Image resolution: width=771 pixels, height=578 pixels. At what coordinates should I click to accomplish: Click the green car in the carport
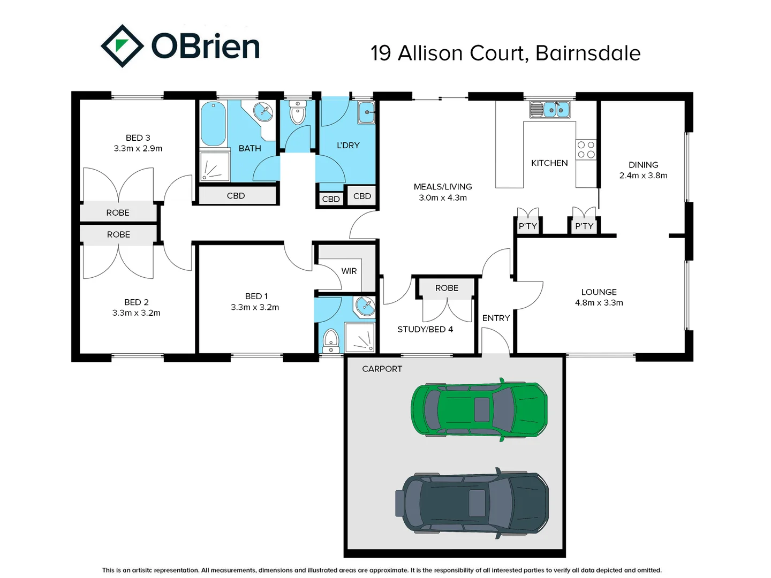click(x=479, y=409)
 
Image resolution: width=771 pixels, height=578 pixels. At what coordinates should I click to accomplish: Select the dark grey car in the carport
click(x=472, y=503)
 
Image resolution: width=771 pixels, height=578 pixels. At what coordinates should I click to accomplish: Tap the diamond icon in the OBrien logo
click(x=122, y=46)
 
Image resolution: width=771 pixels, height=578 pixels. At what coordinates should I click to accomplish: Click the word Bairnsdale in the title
click(x=587, y=53)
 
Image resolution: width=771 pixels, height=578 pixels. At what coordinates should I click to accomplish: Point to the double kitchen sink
click(x=550, y=110)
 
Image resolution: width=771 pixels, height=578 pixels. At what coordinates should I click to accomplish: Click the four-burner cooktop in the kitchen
click(x=586, y=149)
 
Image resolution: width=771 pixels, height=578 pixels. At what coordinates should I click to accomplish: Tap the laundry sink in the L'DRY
click(x=366, y=112)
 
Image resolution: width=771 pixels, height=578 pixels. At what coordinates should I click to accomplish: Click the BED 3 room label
click(x=138, y=138)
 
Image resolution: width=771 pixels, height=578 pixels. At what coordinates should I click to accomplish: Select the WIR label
click(x=349, y=271)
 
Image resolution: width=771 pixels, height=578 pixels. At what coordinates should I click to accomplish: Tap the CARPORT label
click(x=382, y=369)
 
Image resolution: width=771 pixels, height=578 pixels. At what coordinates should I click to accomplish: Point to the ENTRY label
click(x=496, y=318)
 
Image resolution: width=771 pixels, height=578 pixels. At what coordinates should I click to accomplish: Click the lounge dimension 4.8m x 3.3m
click(x=599, y=302)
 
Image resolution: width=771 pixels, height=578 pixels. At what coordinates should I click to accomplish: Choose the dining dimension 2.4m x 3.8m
click(x=643, y=176)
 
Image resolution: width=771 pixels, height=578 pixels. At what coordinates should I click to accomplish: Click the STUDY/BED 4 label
click(x=425, y=329)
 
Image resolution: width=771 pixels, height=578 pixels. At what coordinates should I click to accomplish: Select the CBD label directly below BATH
click(x=236, y=196)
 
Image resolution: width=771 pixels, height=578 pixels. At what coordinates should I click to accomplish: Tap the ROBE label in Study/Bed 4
click(x=447, y=288)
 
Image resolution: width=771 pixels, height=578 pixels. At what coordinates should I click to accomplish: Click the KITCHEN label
click(x=549, y=163)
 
